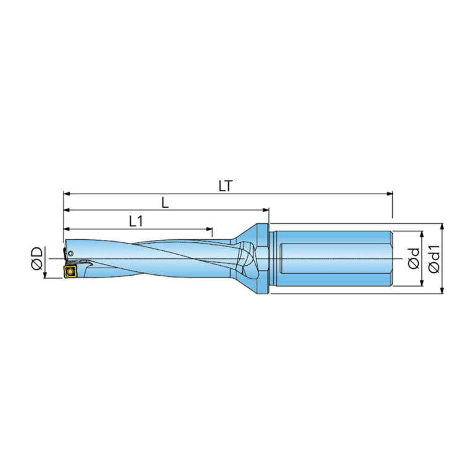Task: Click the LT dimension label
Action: click(226, 186)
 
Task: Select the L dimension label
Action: click(165, 203)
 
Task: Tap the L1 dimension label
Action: click(136, 222)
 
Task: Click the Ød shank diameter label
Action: click(414, 258)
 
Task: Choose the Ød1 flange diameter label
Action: click(434, 259)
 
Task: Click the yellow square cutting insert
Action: click(70, 271)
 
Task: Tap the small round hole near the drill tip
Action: click(71, 253)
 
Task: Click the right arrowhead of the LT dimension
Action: click(390, 194)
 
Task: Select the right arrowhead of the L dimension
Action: click(265, 210)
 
